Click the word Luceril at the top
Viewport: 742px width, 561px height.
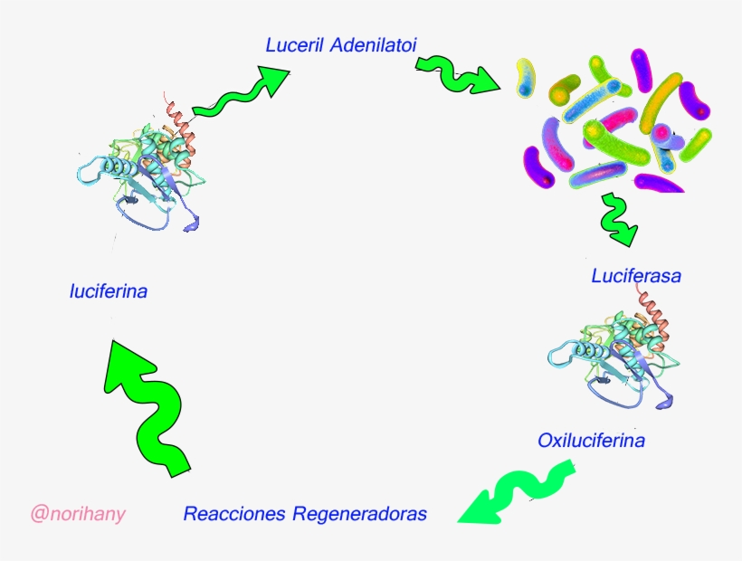tap(294, 44)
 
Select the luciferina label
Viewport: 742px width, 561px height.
tap(108, 291)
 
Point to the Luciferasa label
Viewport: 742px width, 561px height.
tap(635, 276)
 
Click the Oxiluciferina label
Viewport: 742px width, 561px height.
tap(591, 441)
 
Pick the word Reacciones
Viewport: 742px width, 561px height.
tap(233, 514)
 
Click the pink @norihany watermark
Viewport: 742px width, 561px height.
tap(78, 514)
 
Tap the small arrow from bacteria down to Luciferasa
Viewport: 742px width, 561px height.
tap(617, 220)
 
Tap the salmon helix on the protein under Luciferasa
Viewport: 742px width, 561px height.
tap(655, 312)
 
